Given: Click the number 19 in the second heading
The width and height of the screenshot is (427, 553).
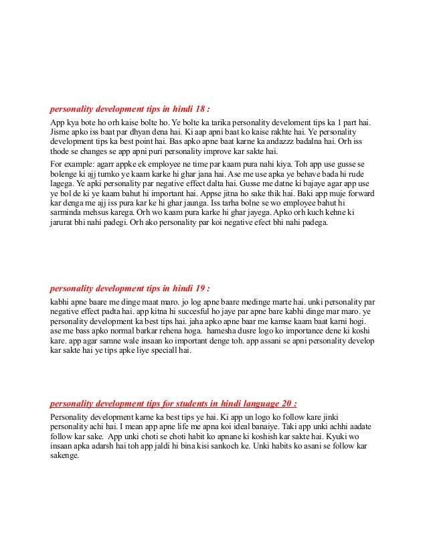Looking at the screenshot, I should [201, 289].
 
